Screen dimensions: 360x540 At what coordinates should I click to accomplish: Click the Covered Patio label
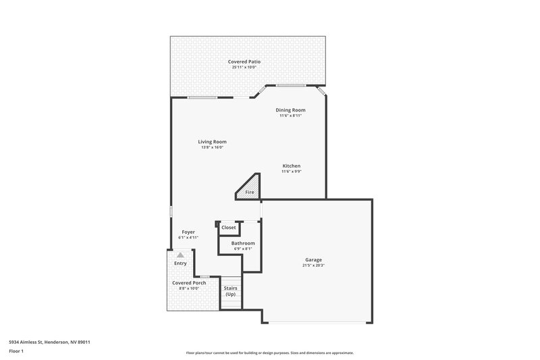click(x=244, y=61)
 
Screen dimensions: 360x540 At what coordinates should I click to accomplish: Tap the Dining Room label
click(x=290, y=109)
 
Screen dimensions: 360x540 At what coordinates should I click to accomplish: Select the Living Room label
click(x=212, y=142)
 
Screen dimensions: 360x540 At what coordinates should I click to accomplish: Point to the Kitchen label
click(x=291, y=165)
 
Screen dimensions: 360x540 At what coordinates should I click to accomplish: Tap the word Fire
click(x=250, y=192)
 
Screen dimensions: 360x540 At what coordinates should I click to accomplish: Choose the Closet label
click(x=229, y=228)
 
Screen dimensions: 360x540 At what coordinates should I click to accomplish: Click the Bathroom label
click(x=243, y=243)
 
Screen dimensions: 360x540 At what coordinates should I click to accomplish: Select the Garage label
click(x=313, y=259)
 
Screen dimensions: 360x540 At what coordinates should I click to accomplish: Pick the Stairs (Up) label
click(x=231, y=291)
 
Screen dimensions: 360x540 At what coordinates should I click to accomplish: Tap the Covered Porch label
click(x=189, y=282)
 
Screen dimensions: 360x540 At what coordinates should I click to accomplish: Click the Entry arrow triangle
click(x=180, y=255)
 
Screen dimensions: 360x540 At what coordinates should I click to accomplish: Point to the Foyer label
click(x=188, y=232)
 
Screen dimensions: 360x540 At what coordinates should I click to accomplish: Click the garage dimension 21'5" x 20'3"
click(x=313, y=265)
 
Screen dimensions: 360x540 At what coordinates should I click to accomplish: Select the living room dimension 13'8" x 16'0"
click(x=212, y=147)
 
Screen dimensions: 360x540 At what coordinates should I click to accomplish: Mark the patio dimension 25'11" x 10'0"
click(x=244, y=67)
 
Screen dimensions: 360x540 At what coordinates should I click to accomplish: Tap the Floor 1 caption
click(x=16, y=351)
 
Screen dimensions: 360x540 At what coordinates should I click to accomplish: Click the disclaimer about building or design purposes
click(x=270, y=353)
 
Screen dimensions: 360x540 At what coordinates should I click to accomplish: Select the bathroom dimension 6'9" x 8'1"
click(x=243, y=249)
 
